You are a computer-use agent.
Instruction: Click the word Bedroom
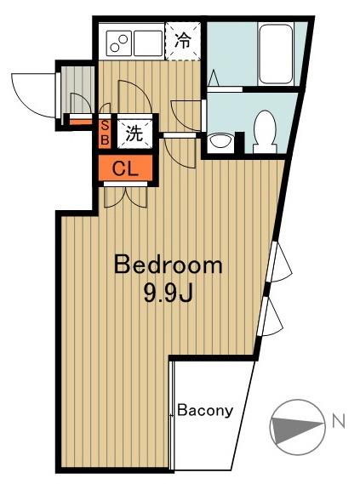[x=169, y=265]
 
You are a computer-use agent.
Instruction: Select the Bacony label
[x=205, y=411]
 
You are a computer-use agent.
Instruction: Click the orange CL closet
[x=125, y=168]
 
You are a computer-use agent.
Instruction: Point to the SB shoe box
[x=105, y=133]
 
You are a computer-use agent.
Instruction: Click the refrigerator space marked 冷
[x=183, y=40]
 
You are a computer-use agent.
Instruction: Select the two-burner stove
[x=119, y=43]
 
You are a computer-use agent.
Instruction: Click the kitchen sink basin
[x=148, y=43]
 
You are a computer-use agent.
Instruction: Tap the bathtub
[x=276, y=54]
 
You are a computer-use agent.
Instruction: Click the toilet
[x=265, y=132]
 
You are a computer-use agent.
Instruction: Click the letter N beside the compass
[x=339, y=421]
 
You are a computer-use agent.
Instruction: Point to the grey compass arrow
[x=297, y=427]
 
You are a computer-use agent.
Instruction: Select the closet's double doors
[x=125, y=196]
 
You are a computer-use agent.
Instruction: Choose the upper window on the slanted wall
[x=278, y=262]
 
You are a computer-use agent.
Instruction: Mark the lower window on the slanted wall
[x=271, y=316]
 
